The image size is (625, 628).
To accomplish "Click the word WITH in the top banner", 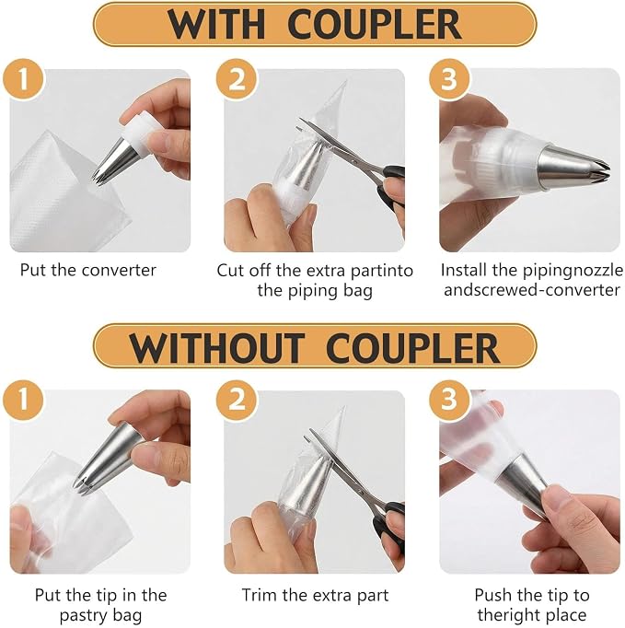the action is (216, 25).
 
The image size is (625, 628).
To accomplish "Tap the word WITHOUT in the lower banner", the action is (216, 348).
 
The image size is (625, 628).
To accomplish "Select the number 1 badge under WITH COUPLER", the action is (23, 79).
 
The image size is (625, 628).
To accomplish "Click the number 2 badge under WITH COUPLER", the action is (237, 79).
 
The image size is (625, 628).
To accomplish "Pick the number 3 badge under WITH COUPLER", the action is (449, 79).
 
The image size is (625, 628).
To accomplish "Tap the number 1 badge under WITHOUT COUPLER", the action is (23, 401).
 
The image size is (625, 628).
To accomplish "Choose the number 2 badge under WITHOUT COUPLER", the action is (237, 401).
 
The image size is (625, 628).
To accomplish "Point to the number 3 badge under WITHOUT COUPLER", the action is (449, 401).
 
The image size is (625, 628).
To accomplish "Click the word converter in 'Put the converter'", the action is (119, 271).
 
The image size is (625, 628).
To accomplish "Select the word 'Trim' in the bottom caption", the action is (260, 595).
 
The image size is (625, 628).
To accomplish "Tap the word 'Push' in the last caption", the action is (492, 595).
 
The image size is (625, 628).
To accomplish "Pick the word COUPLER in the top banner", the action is (375, 25).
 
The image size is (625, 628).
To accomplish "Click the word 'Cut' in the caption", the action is (230, 271).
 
